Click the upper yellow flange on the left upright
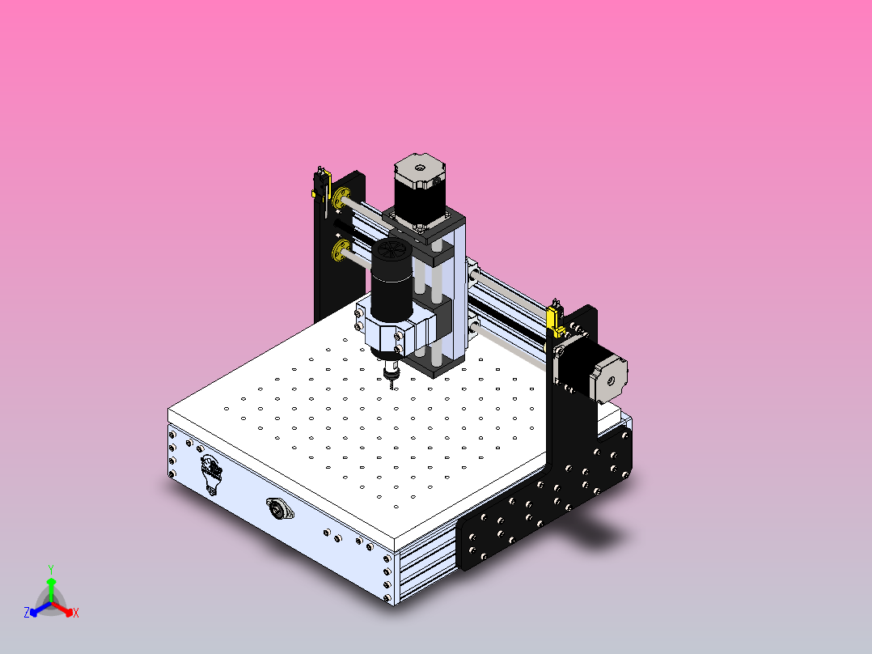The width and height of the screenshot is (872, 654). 339,199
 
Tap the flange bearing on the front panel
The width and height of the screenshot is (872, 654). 279,511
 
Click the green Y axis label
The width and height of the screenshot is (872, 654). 50,568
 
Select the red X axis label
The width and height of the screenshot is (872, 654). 76,614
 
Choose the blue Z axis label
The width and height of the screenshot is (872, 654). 27,613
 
